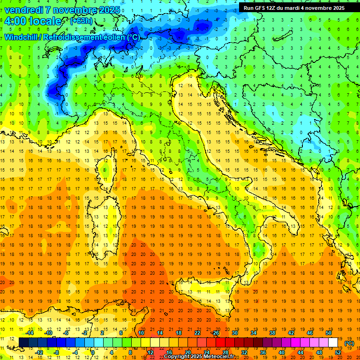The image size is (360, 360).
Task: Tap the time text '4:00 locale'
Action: coord(32,22)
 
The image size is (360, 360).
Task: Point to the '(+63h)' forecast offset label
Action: coord(81,21)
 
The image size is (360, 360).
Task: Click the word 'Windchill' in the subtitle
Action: coord(22,37)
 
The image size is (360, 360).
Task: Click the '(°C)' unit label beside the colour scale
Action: coord(349,343)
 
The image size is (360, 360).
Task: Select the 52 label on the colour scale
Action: coord(338,352)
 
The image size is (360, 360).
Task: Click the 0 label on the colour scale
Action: coord(93,352)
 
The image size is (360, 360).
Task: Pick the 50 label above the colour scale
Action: coord(329,333)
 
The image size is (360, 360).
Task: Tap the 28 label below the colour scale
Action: coord(225,352)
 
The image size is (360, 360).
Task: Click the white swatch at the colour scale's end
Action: coord(333,343)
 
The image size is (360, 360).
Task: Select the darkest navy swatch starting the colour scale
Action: coord(23,343)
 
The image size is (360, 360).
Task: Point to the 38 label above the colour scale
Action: coord(272,333)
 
